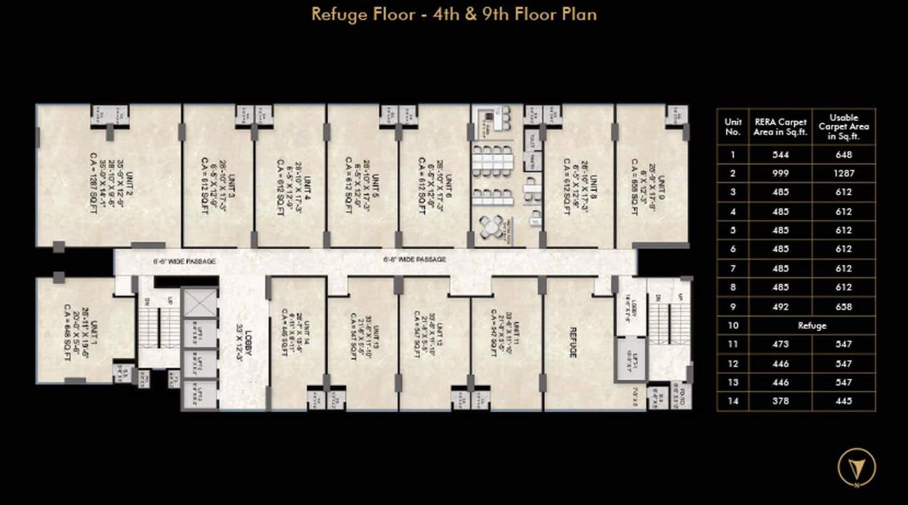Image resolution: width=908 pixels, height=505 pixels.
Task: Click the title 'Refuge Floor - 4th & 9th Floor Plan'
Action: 454,14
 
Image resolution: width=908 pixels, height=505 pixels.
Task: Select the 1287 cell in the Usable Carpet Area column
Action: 843,173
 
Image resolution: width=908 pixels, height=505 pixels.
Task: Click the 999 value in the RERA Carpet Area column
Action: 780,173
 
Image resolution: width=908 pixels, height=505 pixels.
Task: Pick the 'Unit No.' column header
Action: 732,126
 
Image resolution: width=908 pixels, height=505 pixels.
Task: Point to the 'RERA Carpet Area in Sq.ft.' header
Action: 780,127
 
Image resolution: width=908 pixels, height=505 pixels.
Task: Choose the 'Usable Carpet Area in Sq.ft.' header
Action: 843,127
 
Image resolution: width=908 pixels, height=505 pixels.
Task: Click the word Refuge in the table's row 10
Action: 811,326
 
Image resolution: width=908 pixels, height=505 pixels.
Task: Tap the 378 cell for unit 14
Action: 780,401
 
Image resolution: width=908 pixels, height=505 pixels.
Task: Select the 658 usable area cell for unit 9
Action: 843,307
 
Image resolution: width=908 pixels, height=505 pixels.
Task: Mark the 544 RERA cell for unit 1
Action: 780,154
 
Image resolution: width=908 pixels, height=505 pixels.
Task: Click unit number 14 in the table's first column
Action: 732,401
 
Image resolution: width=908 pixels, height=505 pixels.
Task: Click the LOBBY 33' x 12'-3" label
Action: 244,343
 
